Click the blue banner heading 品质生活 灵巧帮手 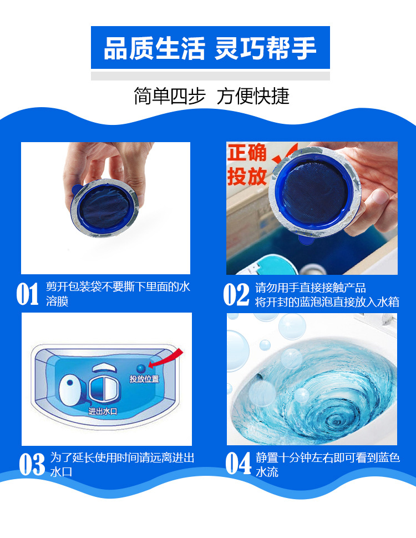coord(210,48)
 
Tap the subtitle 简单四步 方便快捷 coord(211,96)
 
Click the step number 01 coord(27,294)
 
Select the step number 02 coord(236,294)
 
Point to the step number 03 coord(32,464)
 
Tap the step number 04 coord(239,464)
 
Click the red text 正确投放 coord(247,165)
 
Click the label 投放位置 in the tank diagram coord(144,379)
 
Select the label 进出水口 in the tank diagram coord(103,411)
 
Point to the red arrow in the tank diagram coord(170,360)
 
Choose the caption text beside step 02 coord(327,295)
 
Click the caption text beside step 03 coord(122,465)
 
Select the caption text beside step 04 coord(327,465)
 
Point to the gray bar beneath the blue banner coord(210,76)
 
